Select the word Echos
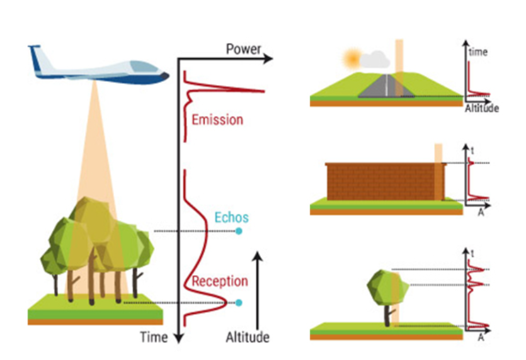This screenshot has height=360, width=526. point(231,218)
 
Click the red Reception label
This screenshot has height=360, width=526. point(220,281)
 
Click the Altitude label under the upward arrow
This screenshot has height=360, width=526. point(248,337)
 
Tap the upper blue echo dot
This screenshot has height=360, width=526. point(239,232)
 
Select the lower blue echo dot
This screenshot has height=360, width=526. point(239,303)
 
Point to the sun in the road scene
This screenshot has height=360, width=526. point(352,59)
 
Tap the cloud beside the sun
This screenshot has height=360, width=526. point(375,60)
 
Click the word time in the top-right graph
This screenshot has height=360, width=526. point(478,52)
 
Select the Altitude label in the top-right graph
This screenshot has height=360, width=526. point(482,109)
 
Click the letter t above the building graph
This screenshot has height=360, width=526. point(472,150)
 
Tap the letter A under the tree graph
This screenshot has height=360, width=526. point(481,337)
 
